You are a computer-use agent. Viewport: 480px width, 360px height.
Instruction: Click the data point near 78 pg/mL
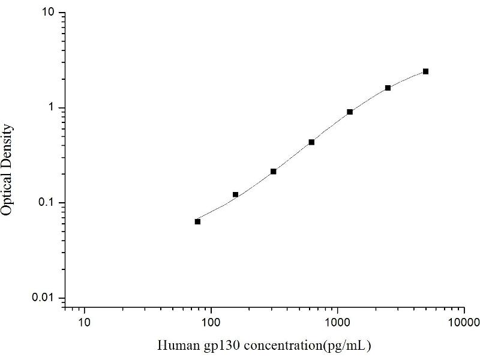click(x=197, y=221)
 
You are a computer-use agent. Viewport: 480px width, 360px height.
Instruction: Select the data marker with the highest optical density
click(x=425, y=71)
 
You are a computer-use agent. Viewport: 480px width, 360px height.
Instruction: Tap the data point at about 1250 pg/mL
click(x=350, y=112)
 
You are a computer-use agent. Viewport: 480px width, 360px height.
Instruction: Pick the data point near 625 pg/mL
click(x=311, y=142)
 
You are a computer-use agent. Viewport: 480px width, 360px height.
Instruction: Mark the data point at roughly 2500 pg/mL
click(x=388, y=88)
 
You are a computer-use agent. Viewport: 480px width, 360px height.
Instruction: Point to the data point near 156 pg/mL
click(x=235, y=194)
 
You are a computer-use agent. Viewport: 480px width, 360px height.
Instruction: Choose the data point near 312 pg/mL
click(x=274, y=172)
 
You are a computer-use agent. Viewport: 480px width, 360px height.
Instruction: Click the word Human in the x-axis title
click(x=174, y=345)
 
